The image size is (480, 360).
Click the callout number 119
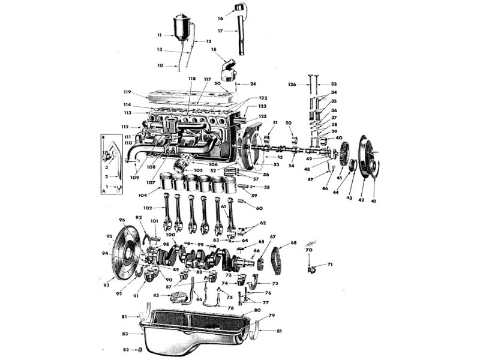tap(127, 92)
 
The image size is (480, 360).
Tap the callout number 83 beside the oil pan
tap(125, 334)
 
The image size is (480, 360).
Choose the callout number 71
tap(330, 265)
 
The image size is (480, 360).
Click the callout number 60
tap(259, 208)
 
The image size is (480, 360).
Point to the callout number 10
tap(161, 65)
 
